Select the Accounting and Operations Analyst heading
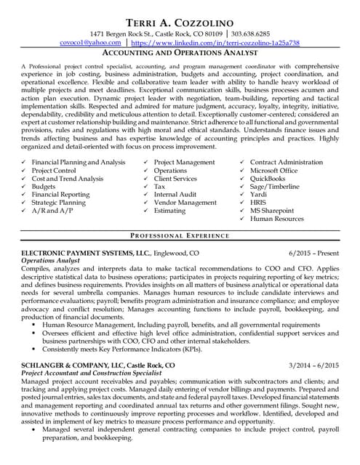coord(180,53)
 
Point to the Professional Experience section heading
coord(180,237)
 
